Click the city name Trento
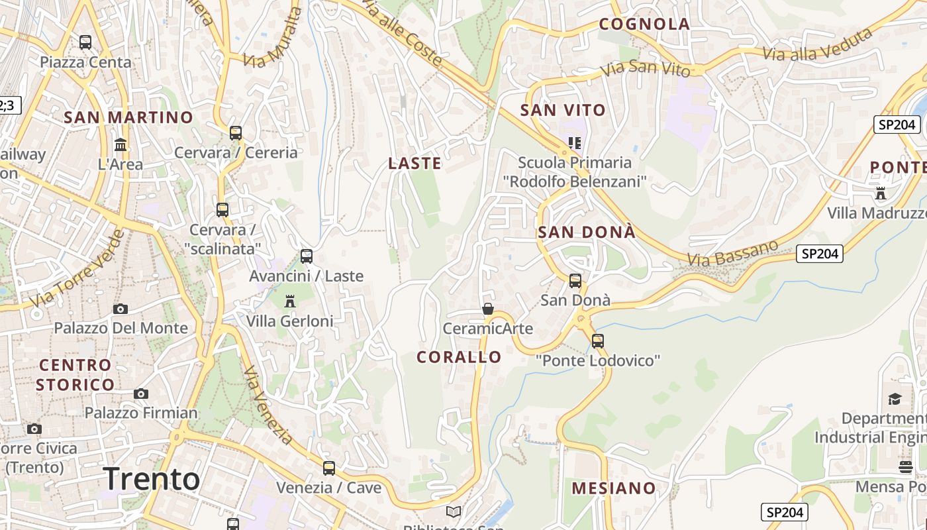[x=152, y=479]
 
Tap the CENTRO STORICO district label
[x=75, y=374]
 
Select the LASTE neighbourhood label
[x=415, y=163]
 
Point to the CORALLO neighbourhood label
[x=459, y=357]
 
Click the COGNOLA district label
[x=644, y=25]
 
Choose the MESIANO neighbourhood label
[x=614, y=488]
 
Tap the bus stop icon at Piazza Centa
[x=85, y=42]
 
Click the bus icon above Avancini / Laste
[x=306, y=256]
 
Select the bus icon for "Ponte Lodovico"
[x=598, y=341]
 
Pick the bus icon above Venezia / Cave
[x=329, y=468]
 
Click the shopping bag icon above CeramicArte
[x=488, y=309]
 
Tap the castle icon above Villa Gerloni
[x=289, y=301]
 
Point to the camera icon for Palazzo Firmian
[x=140, y=394]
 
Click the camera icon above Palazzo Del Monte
[x=121, y=309]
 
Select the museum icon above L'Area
[x=121, y=144]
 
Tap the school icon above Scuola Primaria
[x=574, y=143]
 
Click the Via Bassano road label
[x=732, y=253]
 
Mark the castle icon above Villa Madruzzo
[x=881, y=193]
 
